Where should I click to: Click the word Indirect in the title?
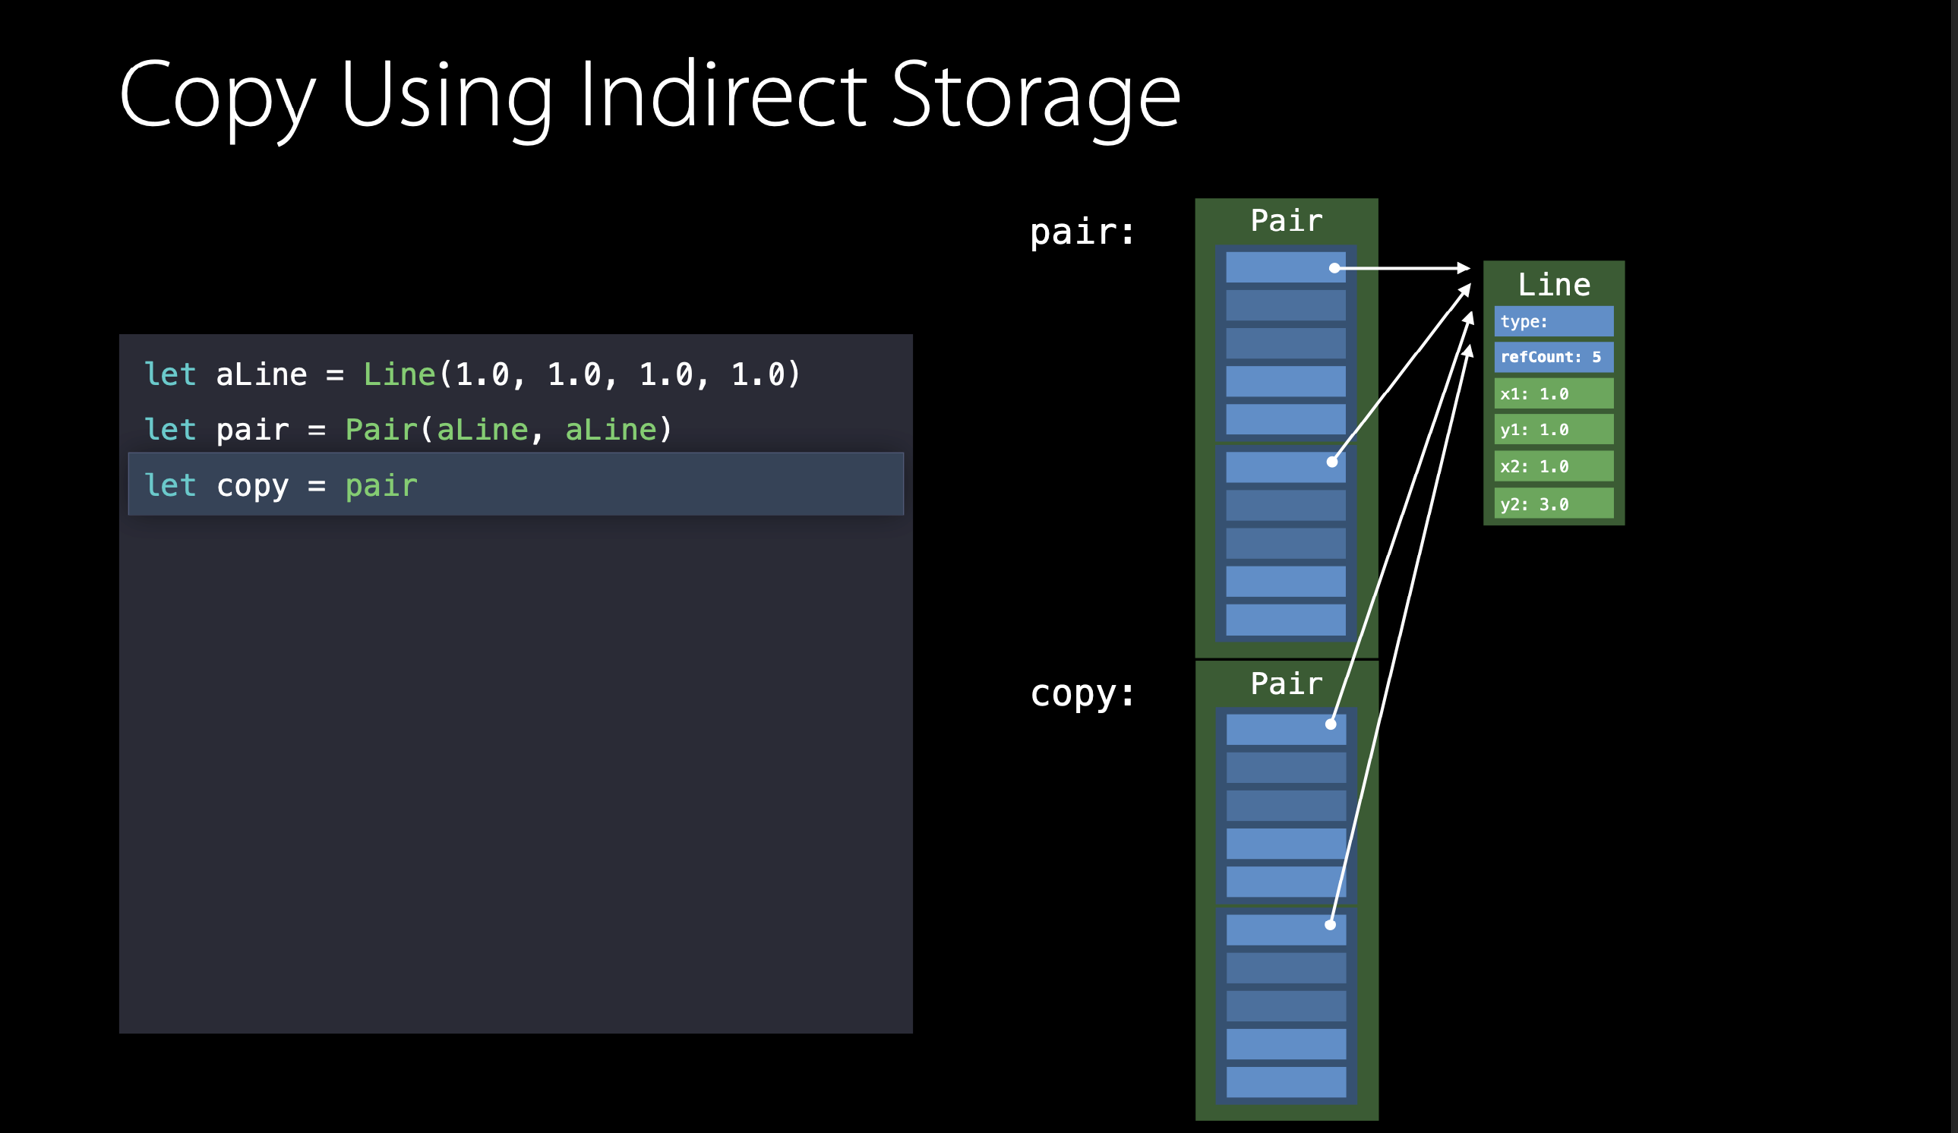[x=722, y=95]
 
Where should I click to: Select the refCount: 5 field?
[x=1553, y=358]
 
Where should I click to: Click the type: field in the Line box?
[x=1553, y=322]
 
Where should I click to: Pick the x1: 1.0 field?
[x=1553, y=394]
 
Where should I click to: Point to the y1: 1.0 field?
[x=1553, y=430]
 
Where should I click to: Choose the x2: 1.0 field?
[x=1553, y=466]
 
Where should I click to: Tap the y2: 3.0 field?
[x=1553, y=503]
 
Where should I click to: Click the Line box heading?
[x=1554, y=285]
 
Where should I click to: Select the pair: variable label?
[x=1082, y=232]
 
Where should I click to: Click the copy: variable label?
[x=1082, y=693]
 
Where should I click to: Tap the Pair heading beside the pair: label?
[x=1286, y=221]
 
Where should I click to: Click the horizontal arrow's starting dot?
[x=1334, y=268]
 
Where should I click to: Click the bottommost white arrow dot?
[x=1330, y=925]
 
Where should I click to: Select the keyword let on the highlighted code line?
[x=170, y=485]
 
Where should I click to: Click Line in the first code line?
[x=399, y=374]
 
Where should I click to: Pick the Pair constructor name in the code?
[x=381, y=430]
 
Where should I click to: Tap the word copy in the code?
[x=252, y=485]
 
